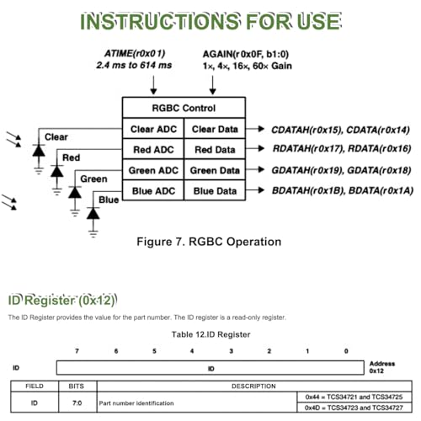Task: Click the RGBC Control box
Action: coord(184,108)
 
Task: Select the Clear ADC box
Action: coord(153,129)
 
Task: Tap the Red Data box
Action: coord(215,149)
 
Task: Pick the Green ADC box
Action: coord(153,170)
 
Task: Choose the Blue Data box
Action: coord(215,190)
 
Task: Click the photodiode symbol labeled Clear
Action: coord(39,151)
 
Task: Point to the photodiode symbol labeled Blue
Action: coord(93,214)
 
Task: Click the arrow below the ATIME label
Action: coord(153,85)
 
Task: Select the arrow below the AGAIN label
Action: coord(212,85)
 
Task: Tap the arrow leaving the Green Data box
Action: coord(255,169)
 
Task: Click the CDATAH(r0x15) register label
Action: coord(306,130)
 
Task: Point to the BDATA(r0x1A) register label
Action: coord(381,191)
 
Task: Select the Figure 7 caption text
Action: coord(209,242)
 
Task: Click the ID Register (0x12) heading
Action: coord(62,301)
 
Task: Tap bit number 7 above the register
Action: coord(77,351)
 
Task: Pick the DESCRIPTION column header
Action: coord(253,386)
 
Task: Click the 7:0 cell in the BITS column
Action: coord(77,403)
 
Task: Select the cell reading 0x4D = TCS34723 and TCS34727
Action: coord(354,408)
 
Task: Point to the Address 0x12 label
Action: coord(382,367)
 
